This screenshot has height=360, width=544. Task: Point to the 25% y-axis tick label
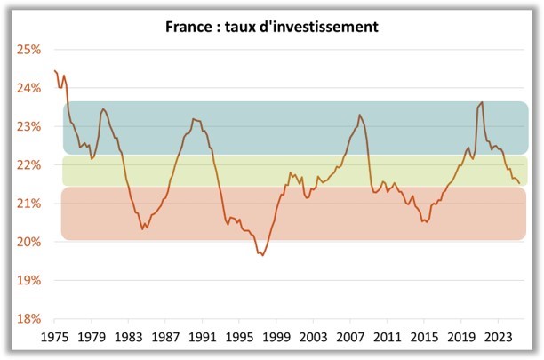coord(29,50)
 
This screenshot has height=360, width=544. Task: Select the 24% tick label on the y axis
coord(29,88)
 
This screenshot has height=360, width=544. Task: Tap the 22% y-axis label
coord(29,165)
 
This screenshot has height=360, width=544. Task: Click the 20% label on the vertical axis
coord(29,242)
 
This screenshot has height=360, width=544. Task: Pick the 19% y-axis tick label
coord(29,280)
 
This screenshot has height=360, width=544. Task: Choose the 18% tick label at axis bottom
coord(29,318)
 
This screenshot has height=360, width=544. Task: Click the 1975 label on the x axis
coord(54,338)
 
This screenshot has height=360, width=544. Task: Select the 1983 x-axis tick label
coord(128,338)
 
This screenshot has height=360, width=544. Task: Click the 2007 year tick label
coord(350,338)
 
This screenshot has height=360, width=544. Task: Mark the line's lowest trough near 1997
coord(262,256)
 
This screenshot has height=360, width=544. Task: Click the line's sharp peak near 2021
coord(482,102)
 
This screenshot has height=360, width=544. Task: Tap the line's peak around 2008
coord(360,115)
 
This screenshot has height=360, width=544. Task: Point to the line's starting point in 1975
coord(54,70)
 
